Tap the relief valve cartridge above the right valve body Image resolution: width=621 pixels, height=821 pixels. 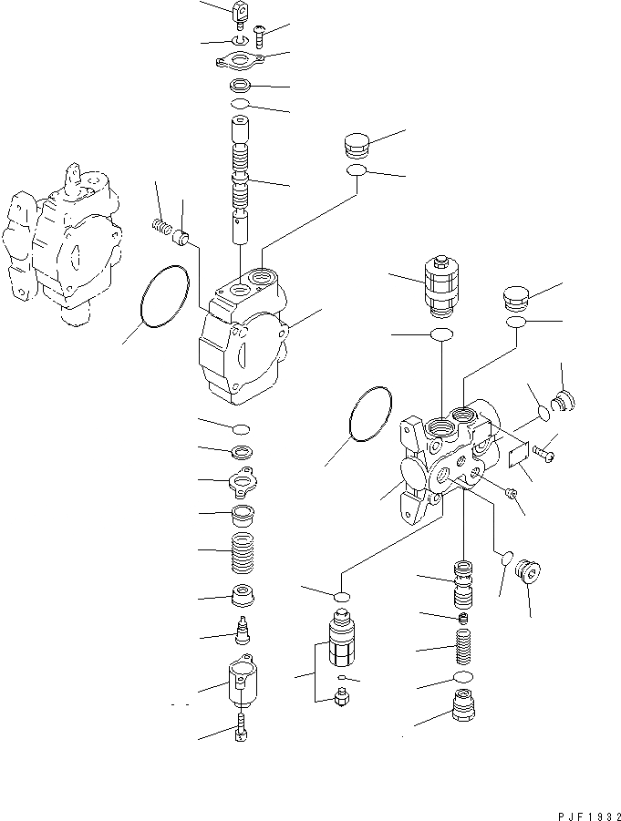point(441,283)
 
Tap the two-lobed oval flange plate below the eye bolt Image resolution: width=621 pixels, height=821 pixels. point(240,60)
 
